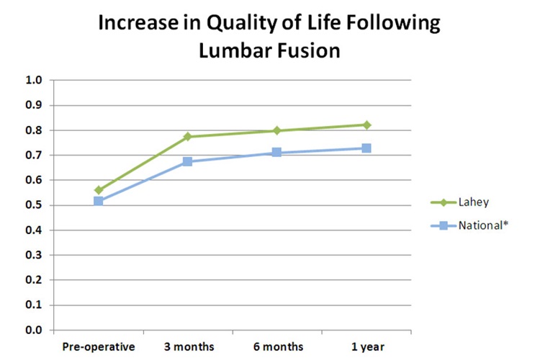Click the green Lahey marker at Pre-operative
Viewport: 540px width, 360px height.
point(99,190)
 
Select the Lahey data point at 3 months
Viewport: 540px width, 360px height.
point(188,136)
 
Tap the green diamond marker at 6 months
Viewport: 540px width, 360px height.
point(276,130)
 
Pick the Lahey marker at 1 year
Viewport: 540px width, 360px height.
point(366,125)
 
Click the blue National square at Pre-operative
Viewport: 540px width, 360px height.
point(99,201)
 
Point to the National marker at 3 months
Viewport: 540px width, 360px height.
point(188,161)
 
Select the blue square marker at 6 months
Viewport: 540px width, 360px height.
point(276,153)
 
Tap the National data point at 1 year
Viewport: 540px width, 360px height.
point(366,148)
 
